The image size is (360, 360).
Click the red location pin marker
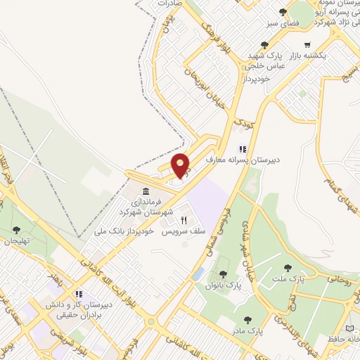pyautogui.click(x=181, y=166)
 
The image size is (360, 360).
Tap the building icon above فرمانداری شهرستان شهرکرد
pyautogui.click(x=146, y=191)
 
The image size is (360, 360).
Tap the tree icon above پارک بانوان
pyautogui.click(x=223, y=275)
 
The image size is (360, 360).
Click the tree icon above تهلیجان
pyautogui.click(x=16, y=229)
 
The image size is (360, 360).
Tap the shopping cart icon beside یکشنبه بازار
pyautogui.click(x=345, y=44)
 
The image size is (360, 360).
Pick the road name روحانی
pyautogui.click(x=337, y=280)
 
